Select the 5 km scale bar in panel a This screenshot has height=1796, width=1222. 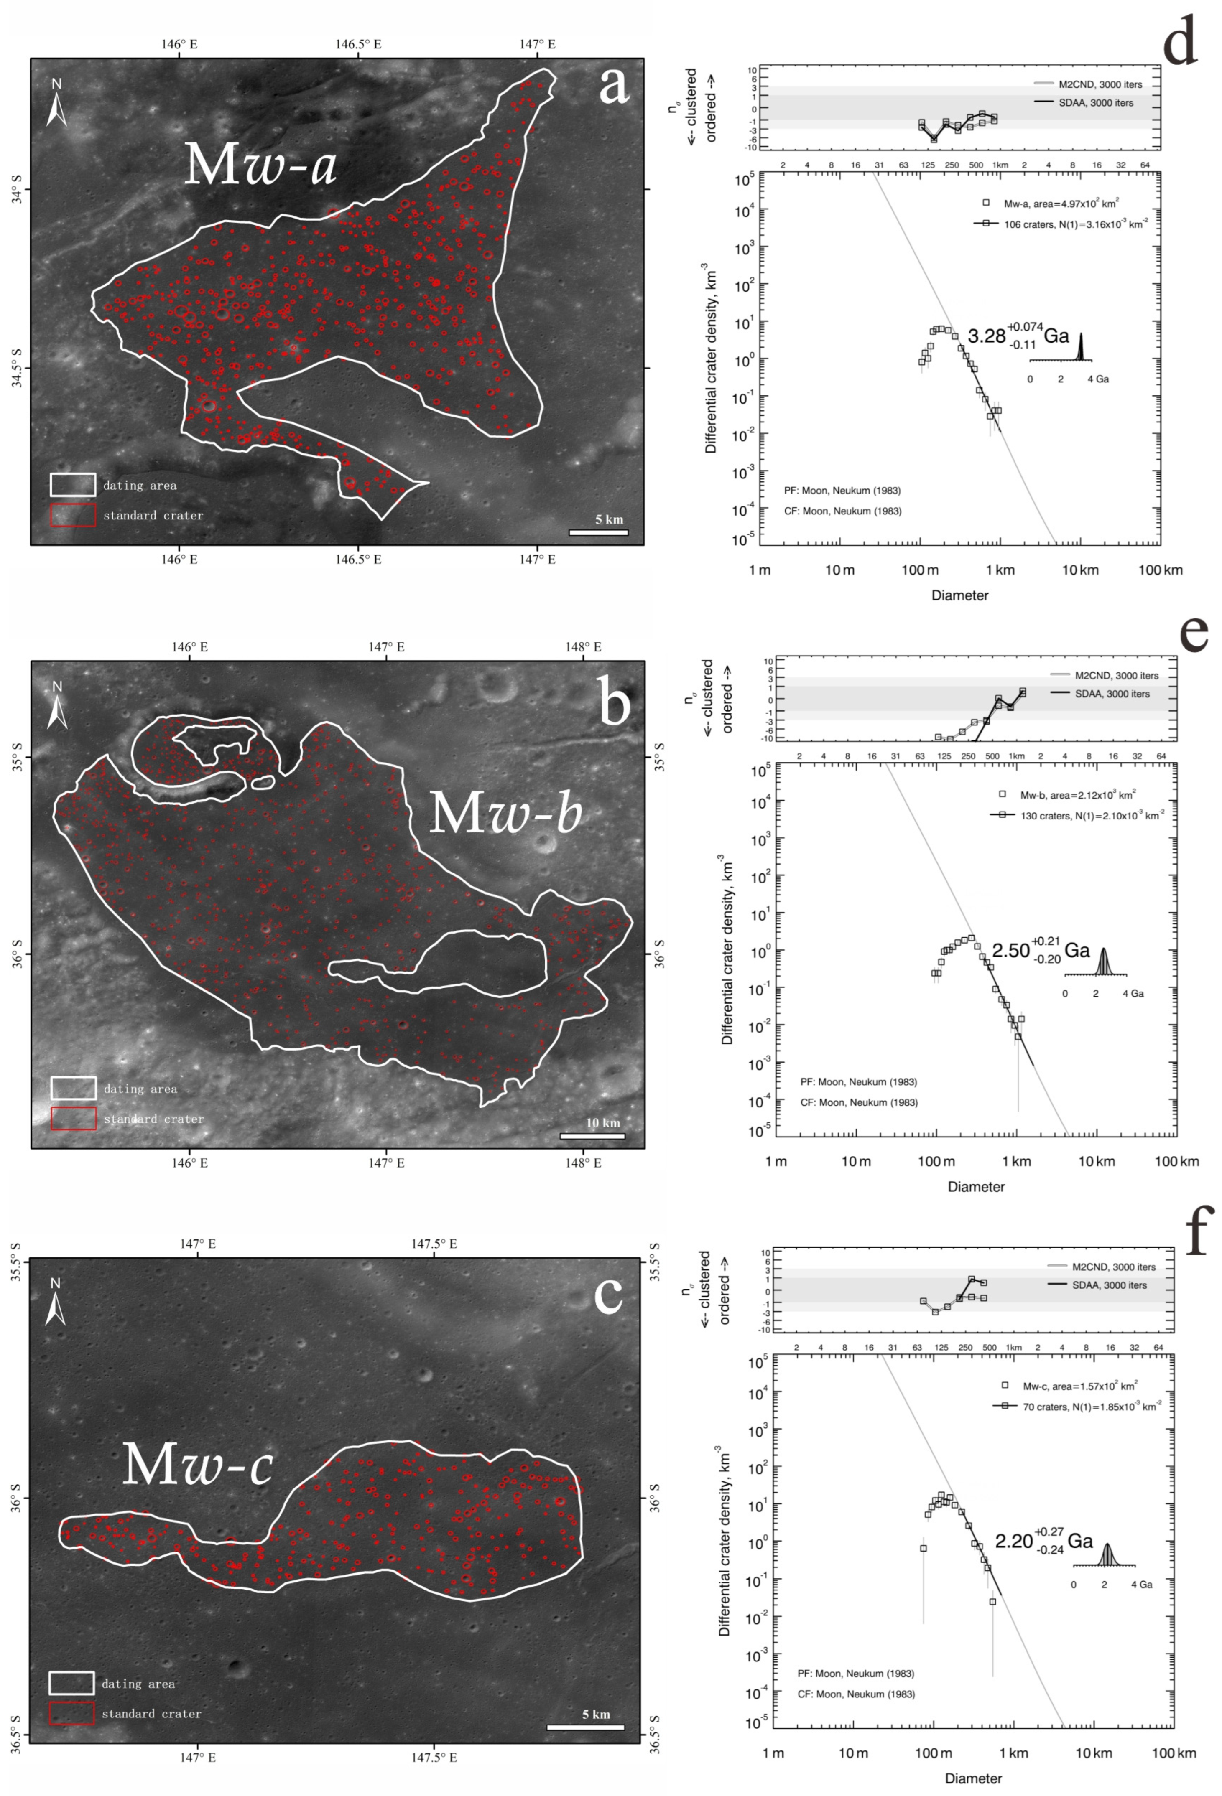[598, 532]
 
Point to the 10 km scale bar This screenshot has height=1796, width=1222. [592, 1135]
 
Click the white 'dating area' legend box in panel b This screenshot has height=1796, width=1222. [74, 1088]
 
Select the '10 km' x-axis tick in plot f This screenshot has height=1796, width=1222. [1094, 1752]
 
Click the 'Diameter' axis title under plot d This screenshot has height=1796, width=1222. [959, 595]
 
